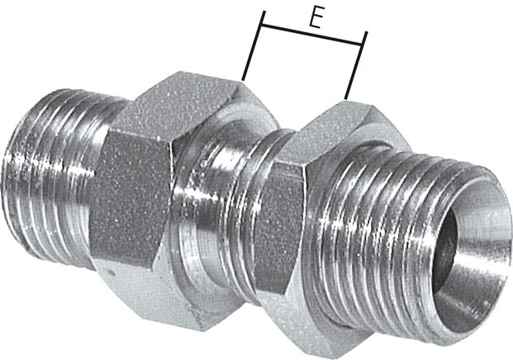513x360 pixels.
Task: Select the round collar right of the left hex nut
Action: tap(198, 206)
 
